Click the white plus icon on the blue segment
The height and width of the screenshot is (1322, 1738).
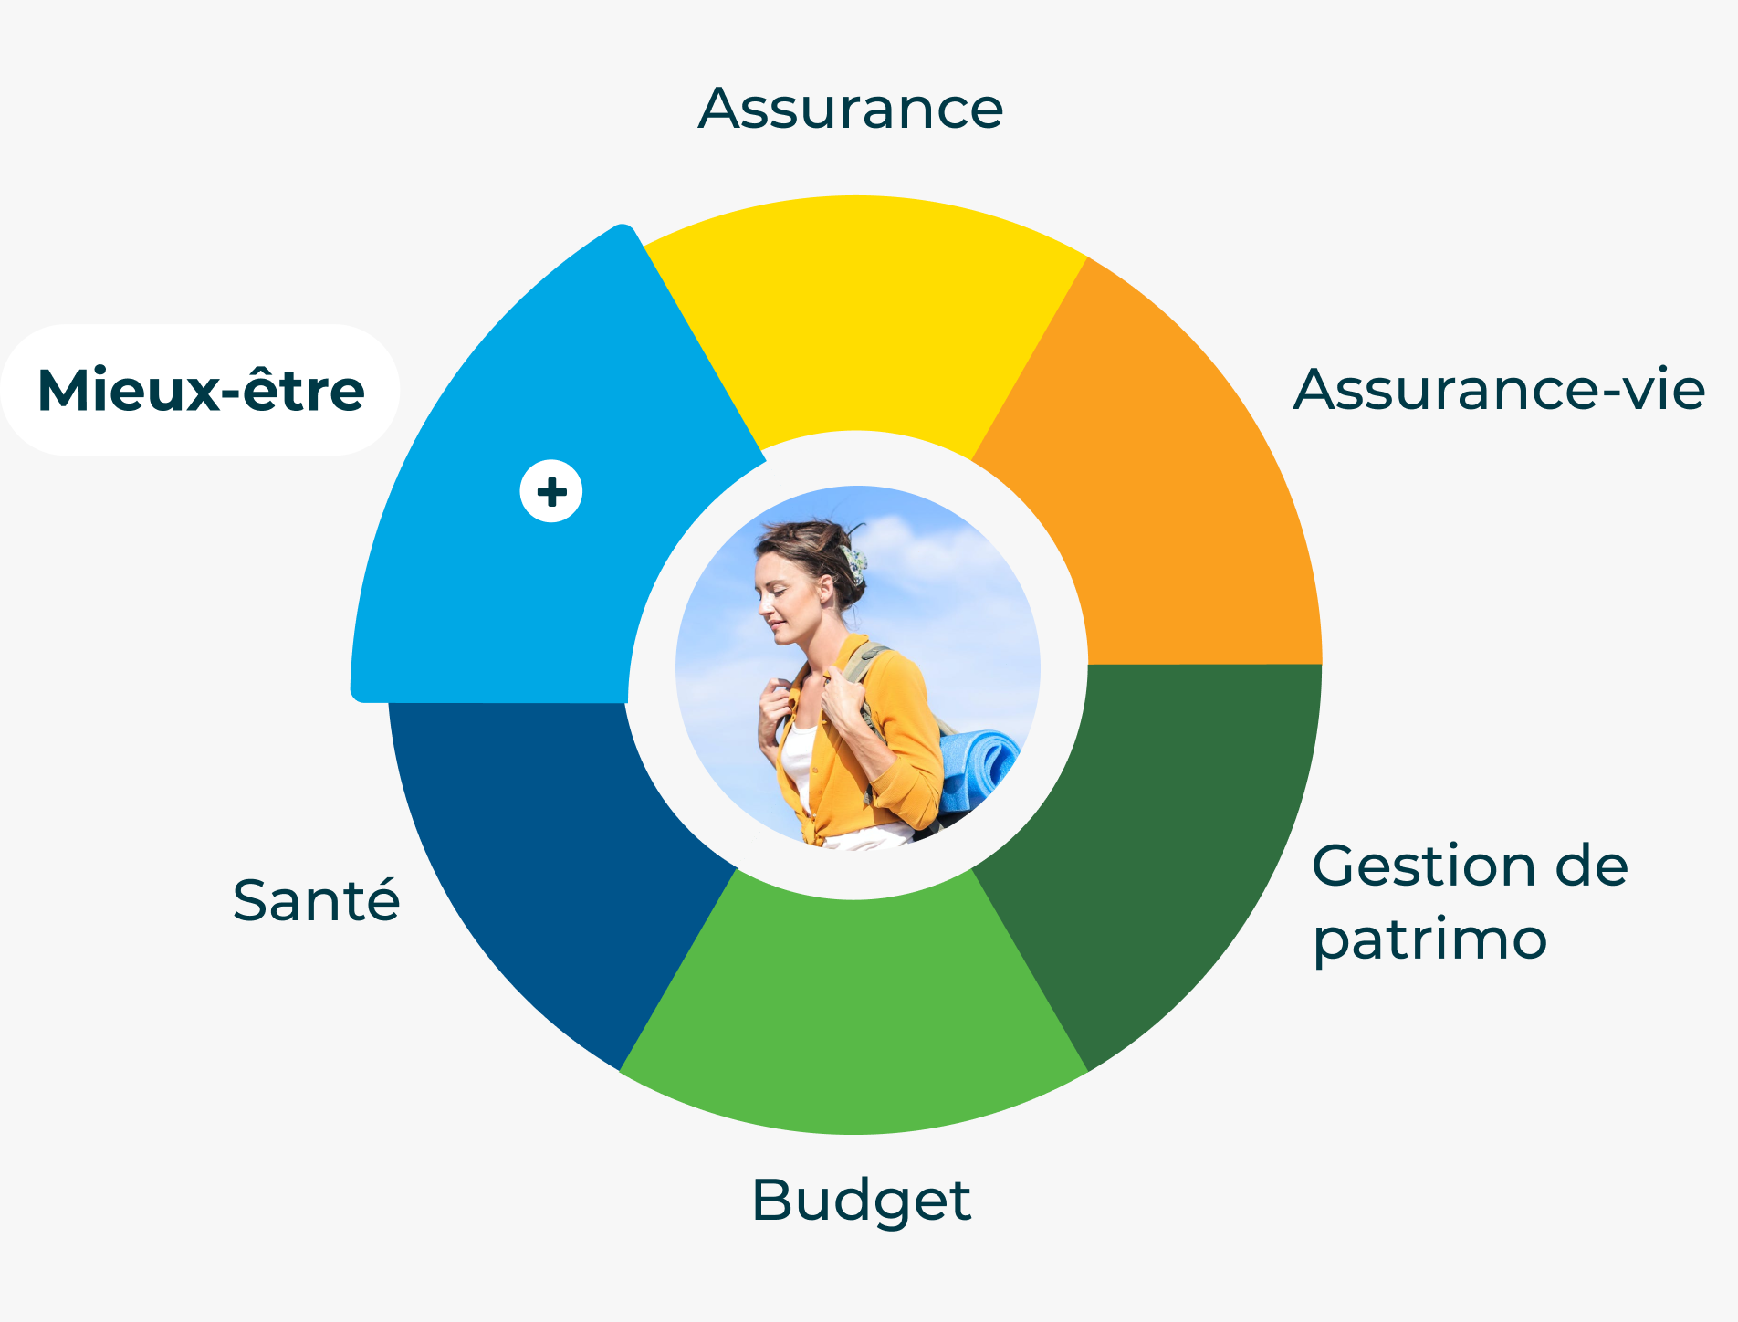551,492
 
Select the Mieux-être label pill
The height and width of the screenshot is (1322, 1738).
201,390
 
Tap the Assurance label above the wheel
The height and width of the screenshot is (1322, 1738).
851,109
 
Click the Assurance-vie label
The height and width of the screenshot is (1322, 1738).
1499,389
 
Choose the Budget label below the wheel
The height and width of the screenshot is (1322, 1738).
861,1201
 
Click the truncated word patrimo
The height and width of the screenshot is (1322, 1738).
1429,941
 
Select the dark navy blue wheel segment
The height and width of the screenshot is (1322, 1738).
548,858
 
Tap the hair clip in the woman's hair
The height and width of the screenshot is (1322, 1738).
854,563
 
